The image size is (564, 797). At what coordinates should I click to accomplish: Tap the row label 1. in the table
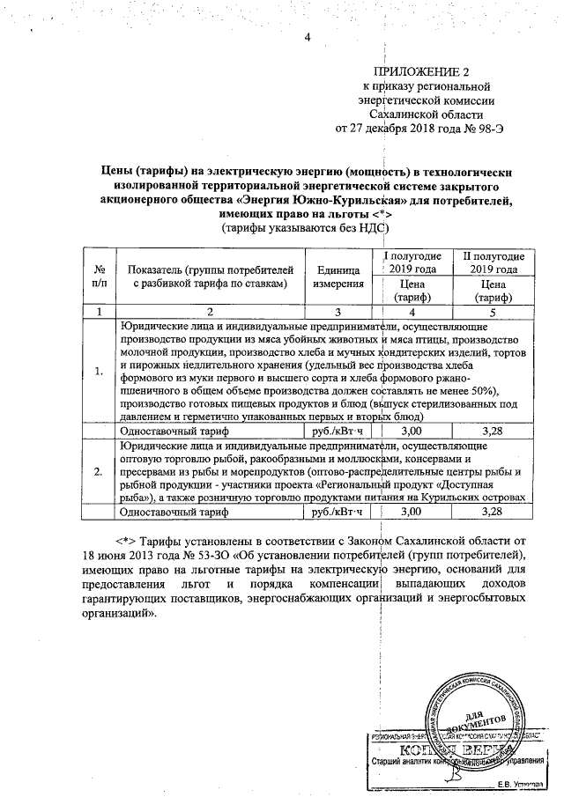coord(99,372)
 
